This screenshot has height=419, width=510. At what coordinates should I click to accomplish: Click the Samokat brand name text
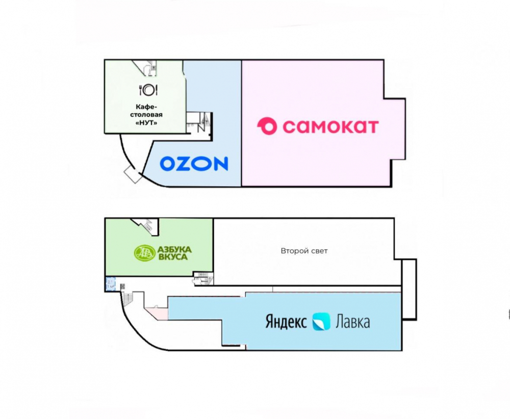click(330, 126)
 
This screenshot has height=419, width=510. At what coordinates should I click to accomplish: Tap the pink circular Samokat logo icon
click(267, 126)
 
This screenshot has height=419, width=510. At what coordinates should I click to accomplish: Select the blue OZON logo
click(194, 164)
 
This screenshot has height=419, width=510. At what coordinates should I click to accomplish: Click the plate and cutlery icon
click(148, 90)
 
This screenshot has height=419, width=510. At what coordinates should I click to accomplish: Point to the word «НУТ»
click(146, 123)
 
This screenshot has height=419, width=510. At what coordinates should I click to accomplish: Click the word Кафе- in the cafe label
click(146, 107)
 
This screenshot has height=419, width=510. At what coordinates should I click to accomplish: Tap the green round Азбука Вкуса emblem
click(144, 253)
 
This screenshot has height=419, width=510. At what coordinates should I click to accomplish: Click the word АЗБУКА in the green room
click(174, 249)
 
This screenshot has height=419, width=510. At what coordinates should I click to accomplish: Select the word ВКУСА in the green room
click(173, 257)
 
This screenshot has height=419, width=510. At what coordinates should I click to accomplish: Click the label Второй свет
click(304, 251)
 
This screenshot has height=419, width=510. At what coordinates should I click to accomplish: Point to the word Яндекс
click(286, 322)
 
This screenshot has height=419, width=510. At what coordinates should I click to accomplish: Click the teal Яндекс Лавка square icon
click(321, 322)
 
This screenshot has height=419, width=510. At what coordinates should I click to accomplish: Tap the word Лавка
click(352, 322)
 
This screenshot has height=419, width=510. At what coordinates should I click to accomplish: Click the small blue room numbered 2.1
click(111, 284)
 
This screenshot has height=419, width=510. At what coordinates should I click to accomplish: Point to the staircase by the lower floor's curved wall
click(128, 298)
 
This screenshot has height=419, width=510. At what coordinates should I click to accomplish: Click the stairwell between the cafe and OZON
click(199, 122)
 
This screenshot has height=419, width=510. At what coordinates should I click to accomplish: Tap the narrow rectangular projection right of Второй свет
click(409, 290)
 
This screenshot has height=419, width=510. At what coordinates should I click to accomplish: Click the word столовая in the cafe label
click(146, 115)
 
